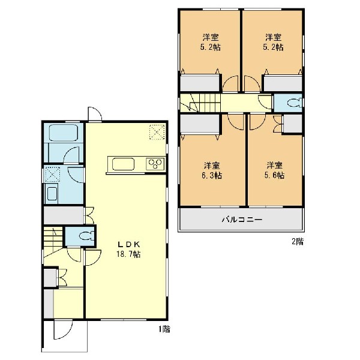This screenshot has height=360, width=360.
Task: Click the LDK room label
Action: [x=129, y=244]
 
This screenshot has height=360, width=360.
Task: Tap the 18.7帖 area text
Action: [x=128, y=254]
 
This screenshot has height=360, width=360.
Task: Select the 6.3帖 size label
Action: [x=211, y=176]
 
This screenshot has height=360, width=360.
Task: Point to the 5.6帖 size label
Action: [x=274, y=175]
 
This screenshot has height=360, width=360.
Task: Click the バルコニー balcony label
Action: [x=242, y=220]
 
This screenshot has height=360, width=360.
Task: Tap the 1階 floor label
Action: [x=164, y=329]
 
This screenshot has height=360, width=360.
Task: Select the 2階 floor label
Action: [x=298, y=241]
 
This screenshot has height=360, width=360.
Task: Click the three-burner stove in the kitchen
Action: [x=155, y=164]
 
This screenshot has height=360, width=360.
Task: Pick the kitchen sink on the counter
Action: [x=123, y=164]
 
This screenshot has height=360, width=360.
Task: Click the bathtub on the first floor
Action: [x=64, y=133]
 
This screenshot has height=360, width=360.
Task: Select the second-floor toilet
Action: [x=295, y=103]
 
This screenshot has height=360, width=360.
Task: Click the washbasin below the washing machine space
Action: [x=52, y=193]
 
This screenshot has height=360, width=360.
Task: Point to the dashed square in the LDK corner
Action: [x=157, y=132]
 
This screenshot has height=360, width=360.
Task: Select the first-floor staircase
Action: [x=53, y=241]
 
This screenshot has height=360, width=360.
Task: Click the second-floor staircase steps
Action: [x=200, y=103]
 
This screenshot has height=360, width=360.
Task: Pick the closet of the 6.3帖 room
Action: [x=199, y=124]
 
